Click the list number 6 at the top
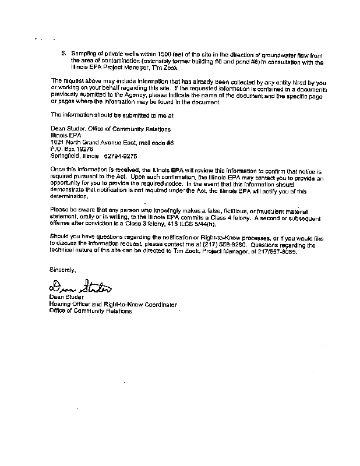tap(64, 52)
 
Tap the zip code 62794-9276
tap(121, 156)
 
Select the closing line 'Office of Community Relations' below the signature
tap(90, 311)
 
